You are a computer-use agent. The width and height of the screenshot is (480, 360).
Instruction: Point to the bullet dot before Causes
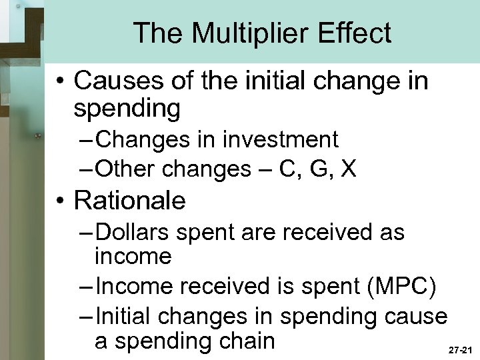(61, 81)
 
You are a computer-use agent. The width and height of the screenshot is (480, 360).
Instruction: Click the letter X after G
(347, 169)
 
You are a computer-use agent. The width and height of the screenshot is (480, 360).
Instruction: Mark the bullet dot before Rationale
(61, 199)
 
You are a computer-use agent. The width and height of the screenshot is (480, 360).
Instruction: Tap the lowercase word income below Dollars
(133, 255)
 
